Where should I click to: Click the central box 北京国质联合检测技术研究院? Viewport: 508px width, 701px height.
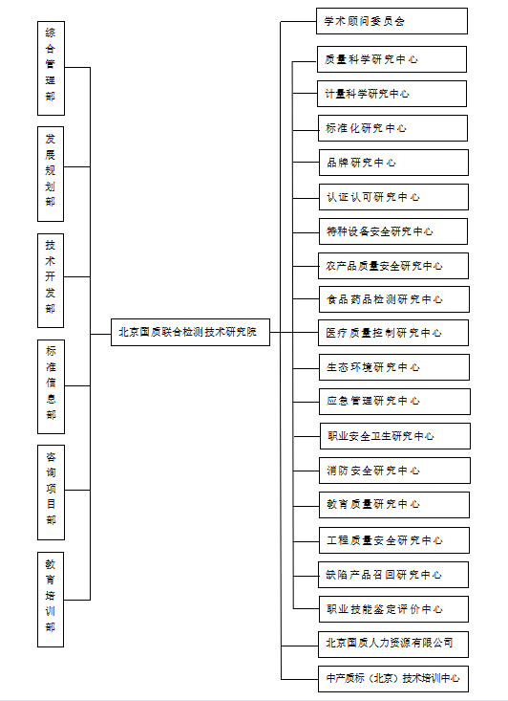(x=190, y=332)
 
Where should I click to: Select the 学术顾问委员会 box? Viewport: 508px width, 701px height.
(x=392, y=21)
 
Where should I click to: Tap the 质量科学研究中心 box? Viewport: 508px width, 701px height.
(x=392, y=59)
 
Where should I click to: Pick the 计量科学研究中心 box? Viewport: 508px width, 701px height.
(x=392, y=94)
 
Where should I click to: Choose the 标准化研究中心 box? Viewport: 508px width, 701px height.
(x=392, y=128)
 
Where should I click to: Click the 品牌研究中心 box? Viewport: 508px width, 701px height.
(x=393, y=163)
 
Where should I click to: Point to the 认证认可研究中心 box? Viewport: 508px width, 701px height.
(x=393, y=197)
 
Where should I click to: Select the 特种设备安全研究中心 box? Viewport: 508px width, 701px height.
(x=393, y=231)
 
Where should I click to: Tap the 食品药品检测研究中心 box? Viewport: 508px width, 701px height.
(x=394, y=299)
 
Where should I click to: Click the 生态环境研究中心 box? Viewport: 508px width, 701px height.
(x=394, y=367)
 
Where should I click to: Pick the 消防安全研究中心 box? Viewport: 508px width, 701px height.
(x=394, y=471)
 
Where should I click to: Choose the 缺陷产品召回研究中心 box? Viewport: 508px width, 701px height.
(x=393, y=575)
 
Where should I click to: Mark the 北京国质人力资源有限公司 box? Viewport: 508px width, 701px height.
(x=393, y=645)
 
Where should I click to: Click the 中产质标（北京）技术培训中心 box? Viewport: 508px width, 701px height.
(x=393, y=679)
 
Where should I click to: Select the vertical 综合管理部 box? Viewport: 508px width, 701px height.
(x=51, y=69)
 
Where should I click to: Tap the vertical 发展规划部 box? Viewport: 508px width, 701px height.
(x=51, y=174)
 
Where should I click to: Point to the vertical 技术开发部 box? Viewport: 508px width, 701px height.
(x=51, y=280)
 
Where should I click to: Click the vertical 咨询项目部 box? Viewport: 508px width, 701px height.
(x=51, y=493)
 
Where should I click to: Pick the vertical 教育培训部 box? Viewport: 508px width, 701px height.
(x=51, y=599)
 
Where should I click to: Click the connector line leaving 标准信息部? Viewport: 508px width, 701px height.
(x=77, y=385)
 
